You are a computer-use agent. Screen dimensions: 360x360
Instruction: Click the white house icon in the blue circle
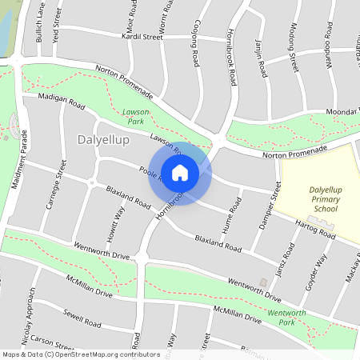[x=179, y=173]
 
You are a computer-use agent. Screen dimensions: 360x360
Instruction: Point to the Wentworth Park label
[x=287, y=317]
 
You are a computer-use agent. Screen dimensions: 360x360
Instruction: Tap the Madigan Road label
[x=62, y=100]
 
